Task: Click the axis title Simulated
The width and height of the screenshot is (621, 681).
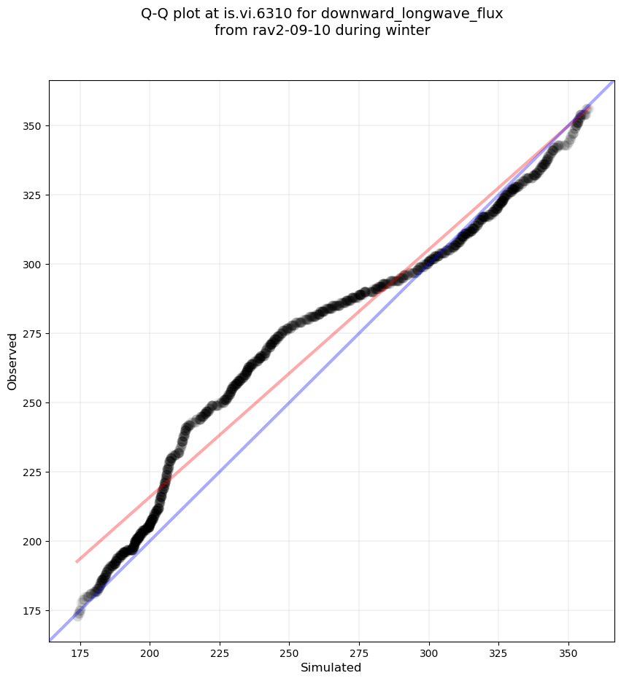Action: [x=331, y=667]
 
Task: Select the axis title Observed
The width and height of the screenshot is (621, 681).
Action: [x=12, y=361]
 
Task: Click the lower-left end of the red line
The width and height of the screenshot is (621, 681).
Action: [x=77, y=561]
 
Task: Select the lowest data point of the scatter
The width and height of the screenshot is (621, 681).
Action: [x=78, y=616]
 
